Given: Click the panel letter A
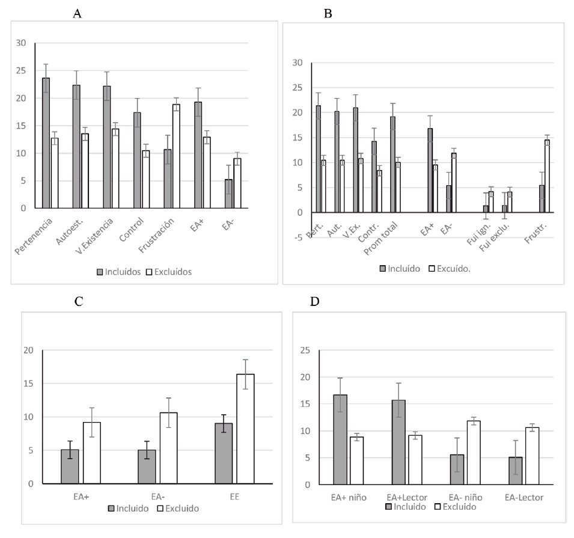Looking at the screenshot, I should [x=77, y=13].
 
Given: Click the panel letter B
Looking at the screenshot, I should [x=328, y=13].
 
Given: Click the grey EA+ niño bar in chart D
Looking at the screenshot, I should [x=341, y=439].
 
